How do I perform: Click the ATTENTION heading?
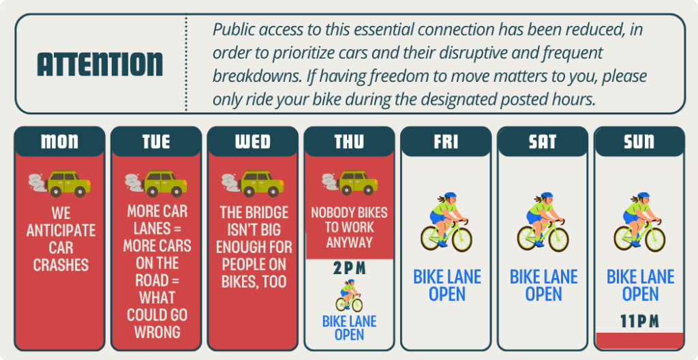pos(100,64)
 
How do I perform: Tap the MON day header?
pos(59,142)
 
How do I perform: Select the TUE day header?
pos(156,142)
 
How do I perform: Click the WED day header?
pos(253,142)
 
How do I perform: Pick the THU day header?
pos(350,142)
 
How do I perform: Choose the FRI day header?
pos(446,142)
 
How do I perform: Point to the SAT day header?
pos(543,142)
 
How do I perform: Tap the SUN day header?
pos(639,142)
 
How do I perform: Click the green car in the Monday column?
pos(67,183)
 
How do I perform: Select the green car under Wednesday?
pos(260,183)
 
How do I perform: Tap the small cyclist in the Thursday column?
pos(349,295)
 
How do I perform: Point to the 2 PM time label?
pos(349,269)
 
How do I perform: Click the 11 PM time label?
pos(639,320)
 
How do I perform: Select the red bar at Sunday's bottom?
pos(639,340)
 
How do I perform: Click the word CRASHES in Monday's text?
pos(60,264)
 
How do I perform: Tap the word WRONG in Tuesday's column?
pos(157,332)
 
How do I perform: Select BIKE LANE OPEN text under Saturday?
pos(543,286)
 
